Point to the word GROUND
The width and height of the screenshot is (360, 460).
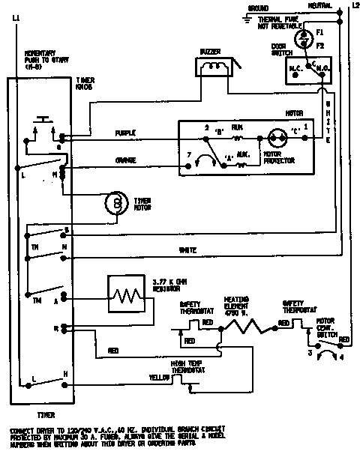tap(258, 7)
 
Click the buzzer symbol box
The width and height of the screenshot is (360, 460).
tap(216, 67)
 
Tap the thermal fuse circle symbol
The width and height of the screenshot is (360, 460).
tap(301, 37)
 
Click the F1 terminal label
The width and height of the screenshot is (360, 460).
tap(319, 33)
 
